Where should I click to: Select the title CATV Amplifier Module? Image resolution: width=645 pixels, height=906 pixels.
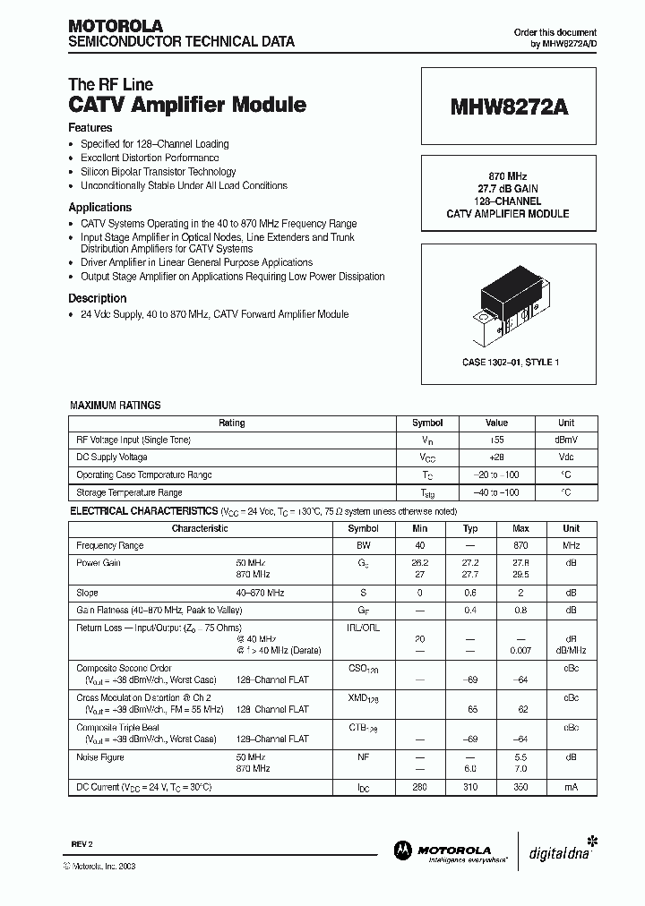(x=187, y=105)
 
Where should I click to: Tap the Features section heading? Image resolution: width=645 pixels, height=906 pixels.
(x=90, y=128)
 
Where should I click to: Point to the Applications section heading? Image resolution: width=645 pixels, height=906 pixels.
(x=100, y=207)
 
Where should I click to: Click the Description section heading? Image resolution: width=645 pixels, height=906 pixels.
(x=98, y=298)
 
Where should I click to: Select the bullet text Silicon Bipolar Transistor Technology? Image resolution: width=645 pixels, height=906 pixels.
(x=159, y=172)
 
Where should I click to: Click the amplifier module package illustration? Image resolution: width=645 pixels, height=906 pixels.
(x=509, y=304)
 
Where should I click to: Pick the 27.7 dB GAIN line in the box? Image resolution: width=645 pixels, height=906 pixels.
(x=507, y=190)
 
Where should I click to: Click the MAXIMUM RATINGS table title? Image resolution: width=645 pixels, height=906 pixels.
(x=116, y=406)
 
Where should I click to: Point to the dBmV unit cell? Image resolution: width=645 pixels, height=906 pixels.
(x=566, y=440)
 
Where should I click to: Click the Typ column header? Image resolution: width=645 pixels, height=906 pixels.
(x=471, y=528)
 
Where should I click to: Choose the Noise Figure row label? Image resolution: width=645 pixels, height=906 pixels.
(x=100, y=757)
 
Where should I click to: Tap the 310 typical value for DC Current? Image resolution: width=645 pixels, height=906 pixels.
(x=471, y=787)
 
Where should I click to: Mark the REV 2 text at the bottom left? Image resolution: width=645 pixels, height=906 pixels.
(x=82, y=844)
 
